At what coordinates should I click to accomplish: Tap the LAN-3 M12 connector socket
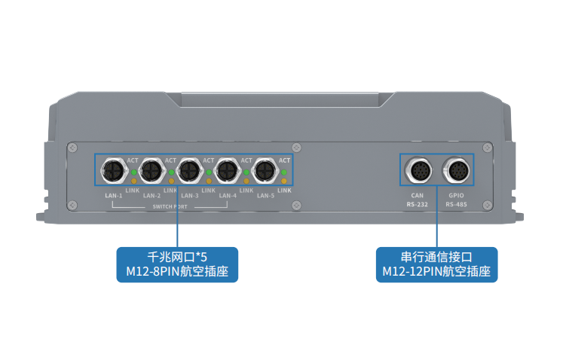[188, 172]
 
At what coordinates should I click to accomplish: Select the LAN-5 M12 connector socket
[265, 172]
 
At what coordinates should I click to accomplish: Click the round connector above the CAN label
[418, 170]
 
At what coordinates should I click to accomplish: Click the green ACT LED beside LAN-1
[133, 172]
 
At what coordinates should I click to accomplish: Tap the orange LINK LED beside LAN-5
[284, 182]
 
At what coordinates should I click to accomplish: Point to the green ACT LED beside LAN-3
[210, 172]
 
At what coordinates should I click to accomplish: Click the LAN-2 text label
[152, 196]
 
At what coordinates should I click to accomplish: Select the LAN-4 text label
[228, 196]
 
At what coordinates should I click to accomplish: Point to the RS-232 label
[418, 204]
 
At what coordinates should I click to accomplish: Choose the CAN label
[418, 195]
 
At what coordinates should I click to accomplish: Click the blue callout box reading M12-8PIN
[177, 264]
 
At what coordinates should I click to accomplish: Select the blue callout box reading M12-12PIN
[437, 264]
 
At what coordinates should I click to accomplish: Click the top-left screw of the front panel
[72, 148]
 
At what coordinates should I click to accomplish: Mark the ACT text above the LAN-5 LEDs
[284, 160]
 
